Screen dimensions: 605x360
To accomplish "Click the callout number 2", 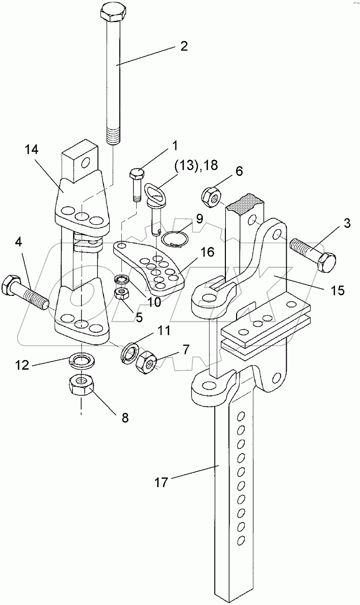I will click(x=184, y=46).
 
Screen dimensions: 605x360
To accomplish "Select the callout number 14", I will click(x=32, y=149).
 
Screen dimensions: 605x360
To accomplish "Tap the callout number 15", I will click(x=337, y=290).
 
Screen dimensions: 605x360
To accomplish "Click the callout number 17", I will click(x=162, y=482).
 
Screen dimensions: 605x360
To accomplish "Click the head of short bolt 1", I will click(x=136, y=174).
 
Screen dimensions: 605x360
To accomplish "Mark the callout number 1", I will click(x=175, y=146).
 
